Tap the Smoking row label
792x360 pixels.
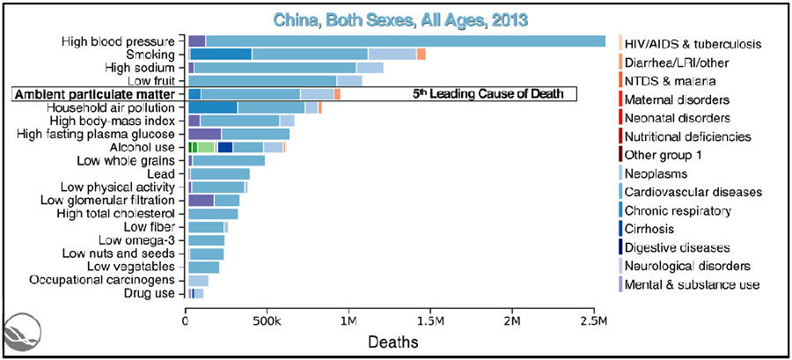(152, 55)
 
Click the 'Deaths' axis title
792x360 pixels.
(390, 339)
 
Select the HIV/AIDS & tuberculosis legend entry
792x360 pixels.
(692, 44)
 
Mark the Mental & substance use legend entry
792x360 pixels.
(692, 284)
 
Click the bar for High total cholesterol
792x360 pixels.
(213, 213)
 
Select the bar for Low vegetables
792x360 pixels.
(204, 267)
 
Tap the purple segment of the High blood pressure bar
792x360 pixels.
(196, 40)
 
